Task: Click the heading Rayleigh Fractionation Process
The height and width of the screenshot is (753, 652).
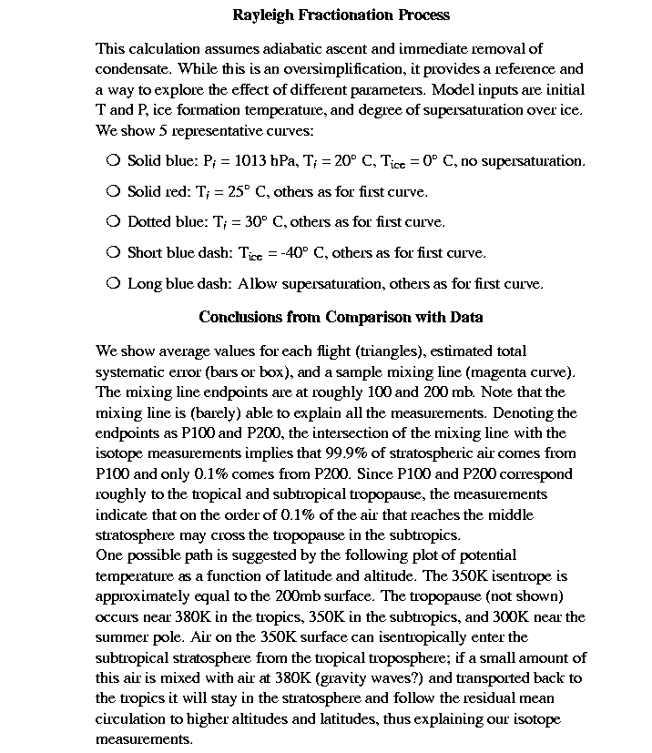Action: (341, 15)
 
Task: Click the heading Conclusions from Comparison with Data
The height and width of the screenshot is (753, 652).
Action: (341, 318)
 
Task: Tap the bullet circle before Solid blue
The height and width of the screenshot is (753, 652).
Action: (113, 160)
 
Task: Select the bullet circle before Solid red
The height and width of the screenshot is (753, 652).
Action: (113, 191)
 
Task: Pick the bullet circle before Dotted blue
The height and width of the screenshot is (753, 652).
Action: (113, 221)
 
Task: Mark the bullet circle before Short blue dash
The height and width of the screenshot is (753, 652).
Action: (113, 252)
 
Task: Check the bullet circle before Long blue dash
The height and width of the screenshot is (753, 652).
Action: (113, 283)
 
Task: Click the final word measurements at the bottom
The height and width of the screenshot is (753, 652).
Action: (144, 739)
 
